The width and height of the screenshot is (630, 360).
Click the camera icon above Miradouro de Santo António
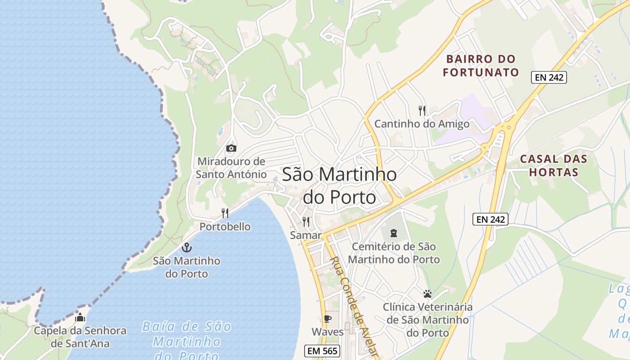tap(231, 148)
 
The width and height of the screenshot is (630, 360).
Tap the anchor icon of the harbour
tap(186, 247)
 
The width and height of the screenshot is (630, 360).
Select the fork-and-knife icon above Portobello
tap(225, 213)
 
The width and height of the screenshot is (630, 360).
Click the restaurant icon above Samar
tap(306, 221)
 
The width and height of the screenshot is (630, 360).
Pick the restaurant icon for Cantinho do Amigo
tap(422, 110)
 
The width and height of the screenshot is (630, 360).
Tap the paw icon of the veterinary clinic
tap(427, 294)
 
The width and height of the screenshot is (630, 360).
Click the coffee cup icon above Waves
tap(328, 319)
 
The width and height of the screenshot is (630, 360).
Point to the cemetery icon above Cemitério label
tap(394, 233)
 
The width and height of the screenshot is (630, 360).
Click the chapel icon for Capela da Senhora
tap(80, 318)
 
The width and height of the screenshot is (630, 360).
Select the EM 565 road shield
tap(322, 351)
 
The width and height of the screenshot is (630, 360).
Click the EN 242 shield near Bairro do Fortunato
tap(549, 77)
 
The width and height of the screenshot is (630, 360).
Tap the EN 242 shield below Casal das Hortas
tap(490, 220)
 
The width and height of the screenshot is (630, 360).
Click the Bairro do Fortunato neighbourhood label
tap(481, 66)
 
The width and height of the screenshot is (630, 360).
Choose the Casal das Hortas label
tap(553, 165)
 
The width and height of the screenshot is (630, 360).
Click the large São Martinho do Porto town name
tap(339, 185)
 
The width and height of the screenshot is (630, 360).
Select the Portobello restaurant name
tap(225, 226)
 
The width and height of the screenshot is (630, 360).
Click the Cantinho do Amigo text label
tap(422, 124)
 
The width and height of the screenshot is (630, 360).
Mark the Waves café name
tap(328, 332)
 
